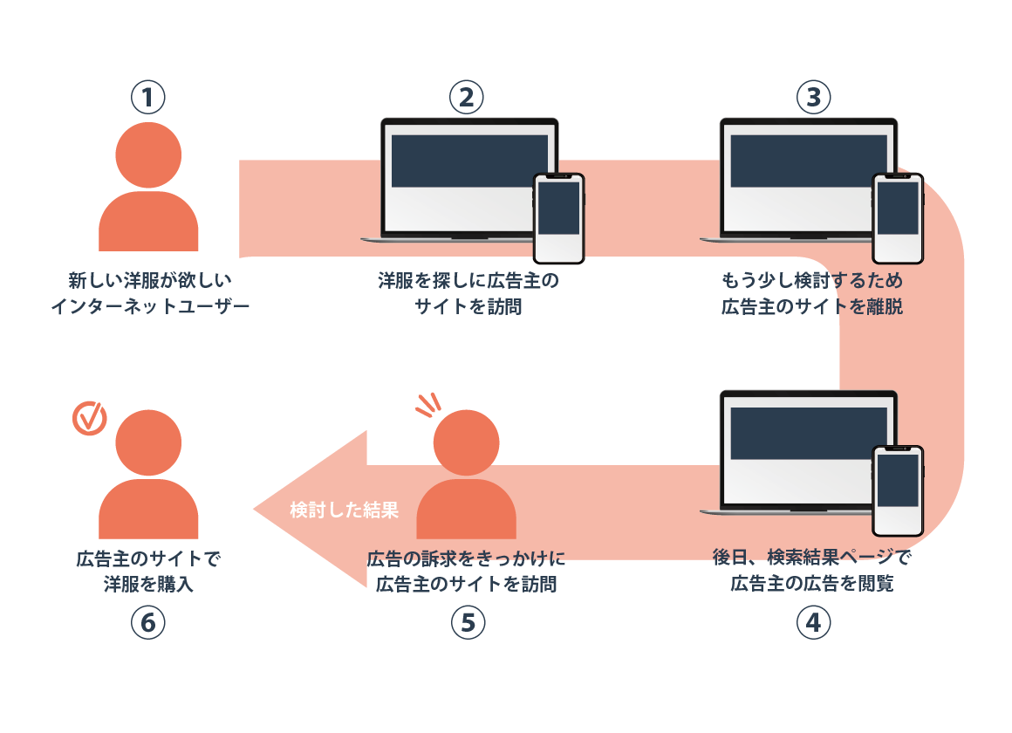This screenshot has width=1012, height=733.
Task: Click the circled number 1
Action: (x=147, y=98)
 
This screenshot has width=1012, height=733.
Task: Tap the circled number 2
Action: (x=466, y=98)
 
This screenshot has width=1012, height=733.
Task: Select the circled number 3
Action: (x=813, y=98)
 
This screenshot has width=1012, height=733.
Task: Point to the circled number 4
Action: (x=813, y=622)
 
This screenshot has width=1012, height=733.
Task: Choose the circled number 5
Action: (x=468, y=622)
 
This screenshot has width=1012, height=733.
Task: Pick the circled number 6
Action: (x=147, y=622)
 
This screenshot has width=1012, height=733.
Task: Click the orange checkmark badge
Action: (x=89, y=418)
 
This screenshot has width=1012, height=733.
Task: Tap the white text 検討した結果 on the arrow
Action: (x=344, y=510)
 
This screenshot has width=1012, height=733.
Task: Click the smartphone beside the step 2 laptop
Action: (x=559, y=218)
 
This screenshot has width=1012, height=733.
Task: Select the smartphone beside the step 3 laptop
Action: (x=898, y=218)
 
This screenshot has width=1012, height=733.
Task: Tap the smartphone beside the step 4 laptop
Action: (x=898, y=490)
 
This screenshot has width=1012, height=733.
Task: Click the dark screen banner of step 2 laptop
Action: (x=469, y=161)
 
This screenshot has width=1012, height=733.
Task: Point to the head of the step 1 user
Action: (x=148, y=155)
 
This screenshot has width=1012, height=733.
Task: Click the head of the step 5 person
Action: (x=466, y=443)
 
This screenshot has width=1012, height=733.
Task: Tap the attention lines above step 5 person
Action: (x=427, y=405)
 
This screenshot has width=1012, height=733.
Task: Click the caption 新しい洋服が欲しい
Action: (x=150, y=280)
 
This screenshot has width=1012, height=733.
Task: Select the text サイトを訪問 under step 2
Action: (x=468, y=306)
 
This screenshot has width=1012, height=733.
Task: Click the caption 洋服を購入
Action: (x=148, y=584)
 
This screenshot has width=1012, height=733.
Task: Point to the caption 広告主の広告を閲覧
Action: (x=812, y=584)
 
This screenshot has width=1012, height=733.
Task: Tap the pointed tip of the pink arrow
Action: (x=254, y=510)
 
